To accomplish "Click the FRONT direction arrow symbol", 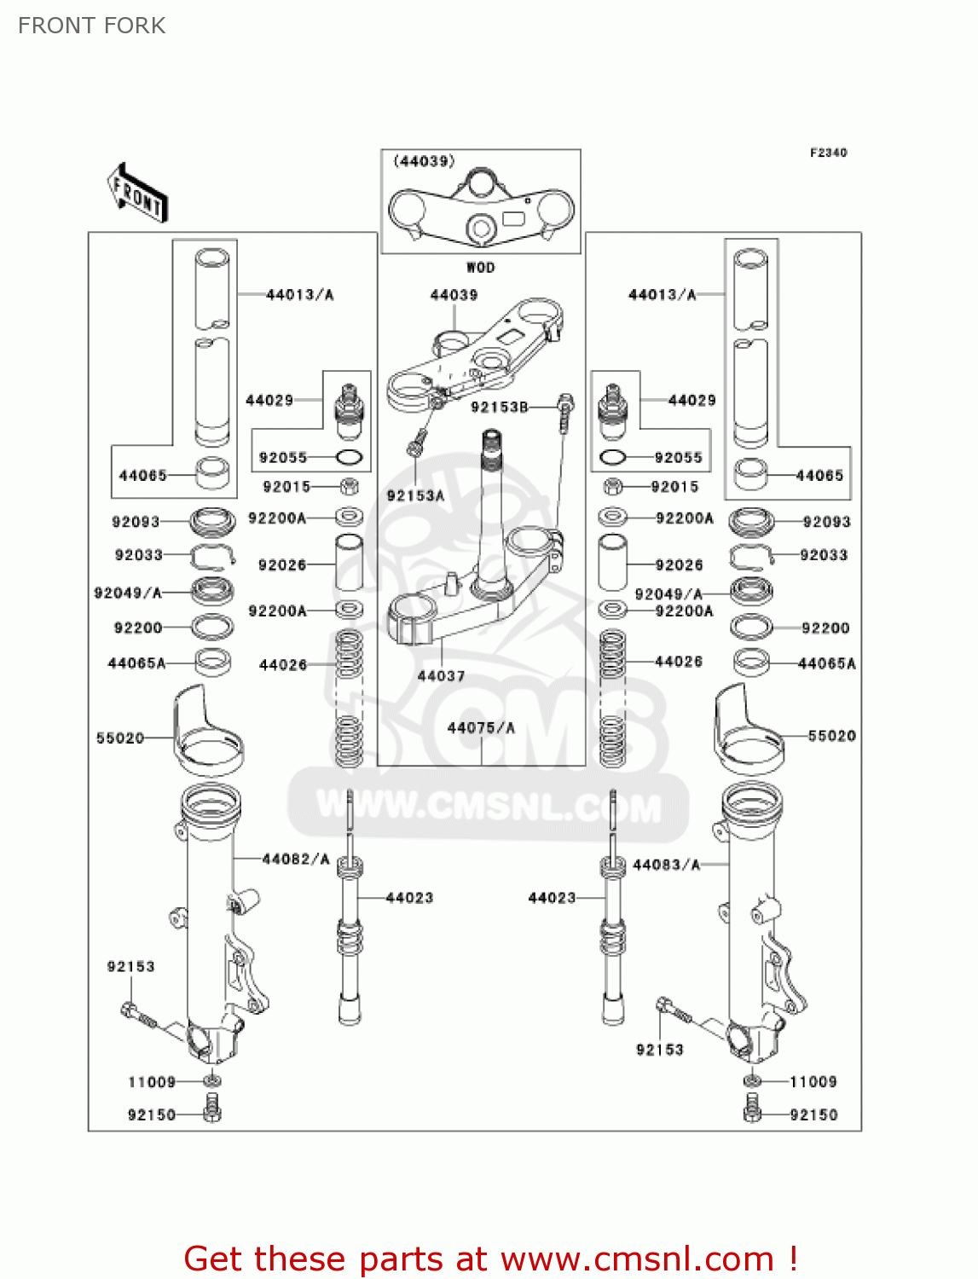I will coord(136,194).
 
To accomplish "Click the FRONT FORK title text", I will coord(91,26).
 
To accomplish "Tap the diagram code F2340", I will coord(828,153).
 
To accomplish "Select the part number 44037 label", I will coord(441,676).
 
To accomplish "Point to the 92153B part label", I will coord(500,408).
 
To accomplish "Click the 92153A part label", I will coord(415,495).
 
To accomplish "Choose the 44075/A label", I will coord(481,727).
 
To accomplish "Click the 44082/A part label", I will coord(296,859).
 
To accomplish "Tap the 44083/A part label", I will coord(666,865).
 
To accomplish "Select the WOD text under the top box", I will coord(480,267).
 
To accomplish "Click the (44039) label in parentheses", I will coord(424,161).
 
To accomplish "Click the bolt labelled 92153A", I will coord(417,443).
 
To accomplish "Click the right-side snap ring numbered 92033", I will coord(749,557).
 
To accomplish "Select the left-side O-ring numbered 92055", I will coord(350,458).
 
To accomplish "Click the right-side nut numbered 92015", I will coord(612,487).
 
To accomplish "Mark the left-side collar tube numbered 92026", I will coord(349,564).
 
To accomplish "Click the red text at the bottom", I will coord(490,1259).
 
